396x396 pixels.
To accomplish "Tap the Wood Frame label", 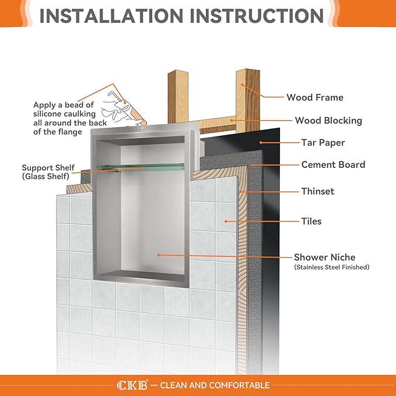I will point(314,97).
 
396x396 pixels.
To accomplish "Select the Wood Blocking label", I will point(328,121).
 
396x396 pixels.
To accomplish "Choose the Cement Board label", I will point(333,164).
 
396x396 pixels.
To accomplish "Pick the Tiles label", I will point(311,221).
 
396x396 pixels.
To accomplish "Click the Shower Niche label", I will point(324,257).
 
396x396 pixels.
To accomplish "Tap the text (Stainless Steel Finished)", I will point(331,268).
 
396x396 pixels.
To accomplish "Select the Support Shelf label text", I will point(48,166).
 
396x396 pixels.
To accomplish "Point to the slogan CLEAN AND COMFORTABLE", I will point(214,385).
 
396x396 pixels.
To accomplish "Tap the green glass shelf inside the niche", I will point(140,167).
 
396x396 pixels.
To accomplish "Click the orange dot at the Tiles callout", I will point(226,221).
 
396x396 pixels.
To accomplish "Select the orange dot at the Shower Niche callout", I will point(158,255).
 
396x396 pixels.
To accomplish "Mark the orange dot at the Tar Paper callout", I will point(260,142).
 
